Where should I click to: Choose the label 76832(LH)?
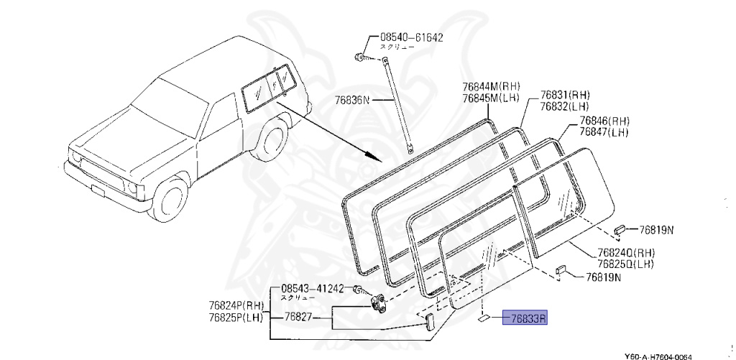tap(565, 106)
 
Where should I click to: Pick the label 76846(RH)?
tap(604, 121)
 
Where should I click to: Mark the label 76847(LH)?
tap(604, 132)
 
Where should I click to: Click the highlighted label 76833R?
tap(528, 318)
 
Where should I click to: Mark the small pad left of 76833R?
tap(484, 317)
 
